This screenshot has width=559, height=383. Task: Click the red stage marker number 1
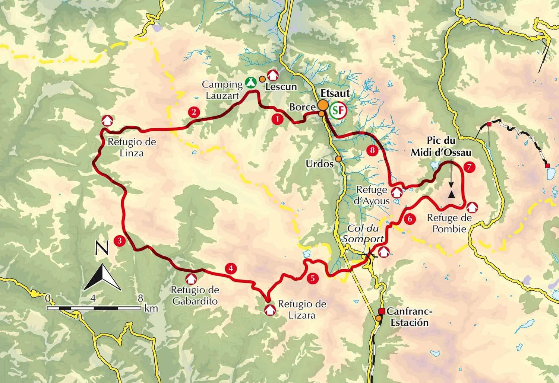[x=277, y=119]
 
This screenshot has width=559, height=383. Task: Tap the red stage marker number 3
[x=119, y=241]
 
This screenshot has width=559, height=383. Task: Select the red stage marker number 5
[x=312, y=278]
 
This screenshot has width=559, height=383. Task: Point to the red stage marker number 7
[x=469, y=167]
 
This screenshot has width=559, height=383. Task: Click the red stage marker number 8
[x=372, y=150]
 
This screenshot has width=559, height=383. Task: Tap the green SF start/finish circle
[x=338, y=110]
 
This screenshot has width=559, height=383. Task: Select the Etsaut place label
[x=335, y=93]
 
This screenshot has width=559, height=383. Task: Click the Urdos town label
[x=319, y=163]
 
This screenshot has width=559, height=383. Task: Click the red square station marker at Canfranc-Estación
[x=381, y=311]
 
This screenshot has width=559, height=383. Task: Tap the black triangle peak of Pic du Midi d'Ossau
[x=451, y=194]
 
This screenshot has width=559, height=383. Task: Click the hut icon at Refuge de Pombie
[x=472, y=207]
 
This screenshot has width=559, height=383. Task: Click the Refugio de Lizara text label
[x=302, y=309]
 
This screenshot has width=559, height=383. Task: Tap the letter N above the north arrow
[x=100, y=248]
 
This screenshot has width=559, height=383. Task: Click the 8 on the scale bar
[x=140, y=299]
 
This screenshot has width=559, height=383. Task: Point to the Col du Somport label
[x=363, y=233]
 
